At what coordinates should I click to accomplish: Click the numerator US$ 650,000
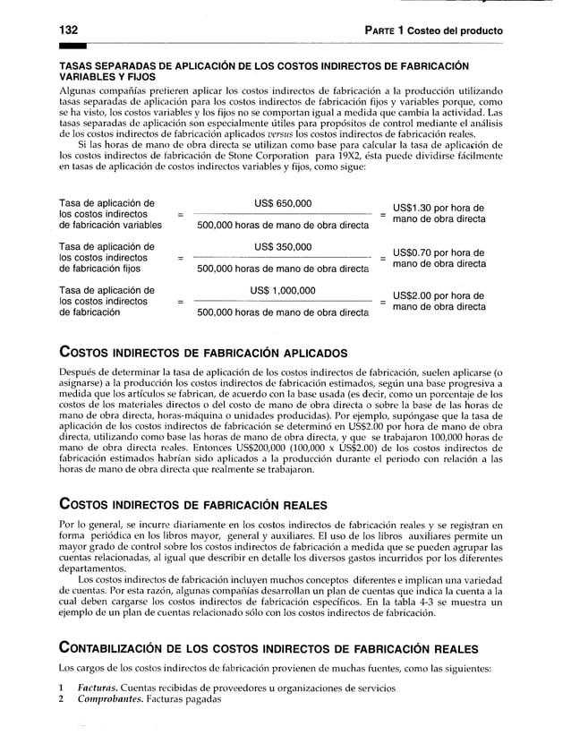283,203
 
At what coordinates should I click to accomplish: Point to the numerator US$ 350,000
283,247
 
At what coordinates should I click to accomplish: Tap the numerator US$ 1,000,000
283,291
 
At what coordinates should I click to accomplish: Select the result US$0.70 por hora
439,252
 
